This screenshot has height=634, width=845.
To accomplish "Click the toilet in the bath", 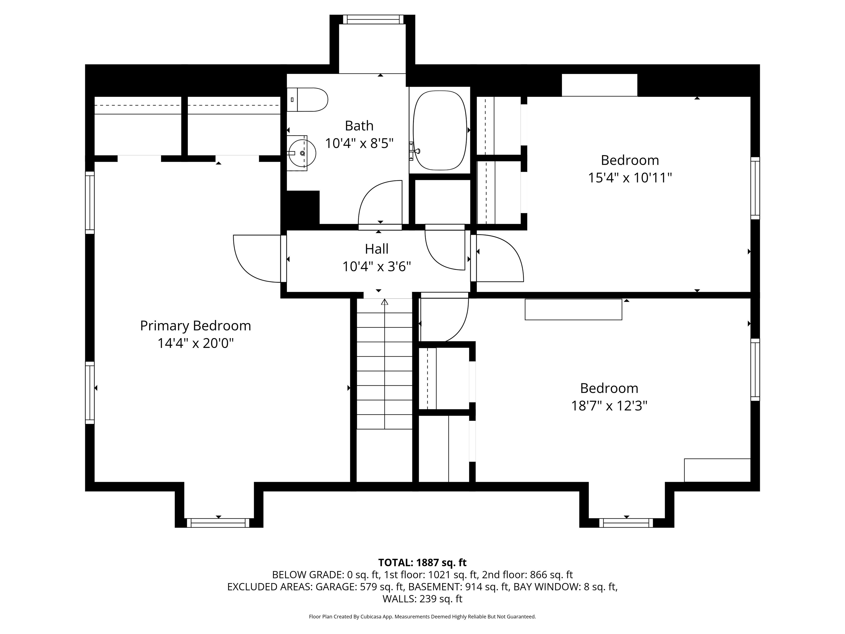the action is pos(307,100).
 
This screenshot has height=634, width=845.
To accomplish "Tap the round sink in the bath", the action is pos(302,153).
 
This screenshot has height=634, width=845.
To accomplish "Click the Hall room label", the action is pos(377,249).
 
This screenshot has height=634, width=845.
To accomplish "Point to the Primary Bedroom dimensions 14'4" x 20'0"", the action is pos(196,343).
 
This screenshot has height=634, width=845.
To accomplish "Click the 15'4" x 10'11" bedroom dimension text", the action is pos(630,178).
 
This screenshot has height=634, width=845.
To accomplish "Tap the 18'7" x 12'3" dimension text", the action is pos(609,406).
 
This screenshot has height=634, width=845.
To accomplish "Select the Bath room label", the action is pos(359,126).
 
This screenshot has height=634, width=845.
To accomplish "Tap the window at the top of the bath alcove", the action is pos(373,20).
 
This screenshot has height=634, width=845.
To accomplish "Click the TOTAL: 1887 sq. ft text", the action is pos(422,562).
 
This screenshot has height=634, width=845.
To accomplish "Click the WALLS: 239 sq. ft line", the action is pos(422,599).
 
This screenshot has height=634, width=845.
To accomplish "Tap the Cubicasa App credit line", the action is pos(422,616).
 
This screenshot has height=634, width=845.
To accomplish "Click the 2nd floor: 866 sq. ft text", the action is pos(528,575).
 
